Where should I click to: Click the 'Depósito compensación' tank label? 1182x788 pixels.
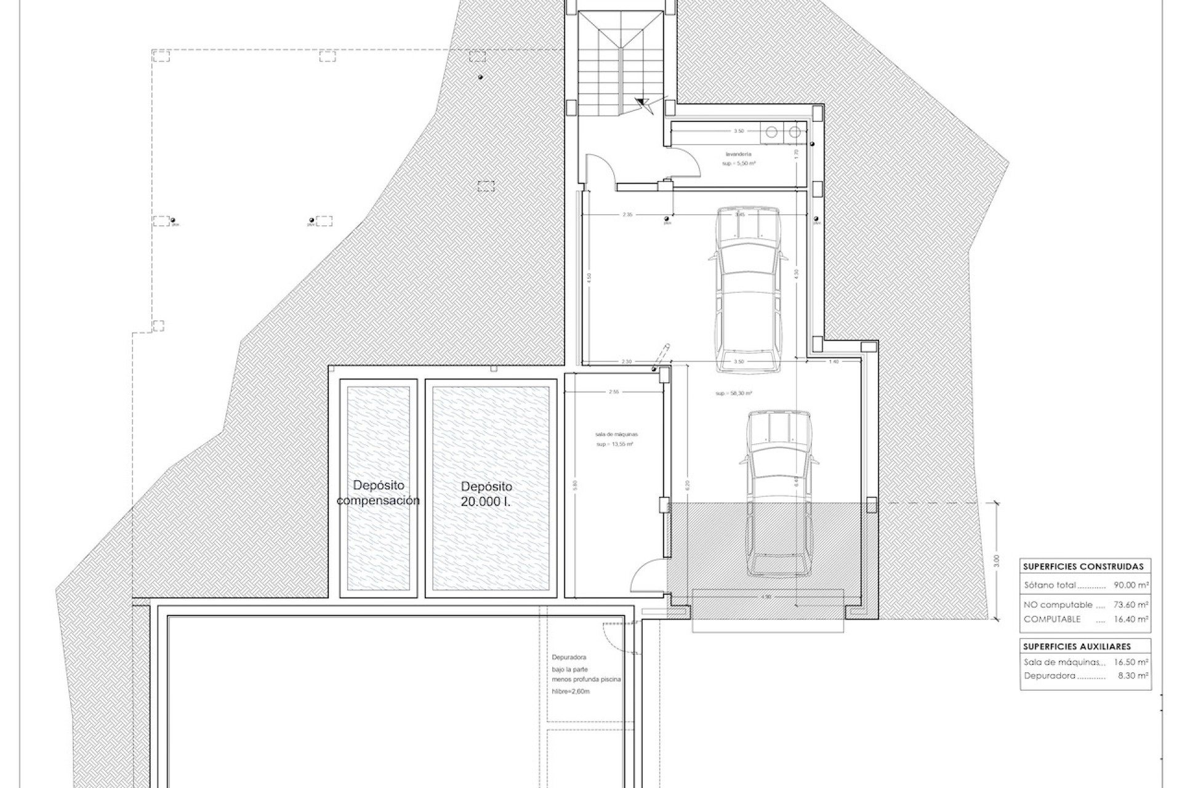pyautogui.click(x=378, y=493)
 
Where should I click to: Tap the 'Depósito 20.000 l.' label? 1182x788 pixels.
pyautogui.click(x=486, y=493)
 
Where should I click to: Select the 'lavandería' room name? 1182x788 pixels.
pyautogui.click(x=739, y=155)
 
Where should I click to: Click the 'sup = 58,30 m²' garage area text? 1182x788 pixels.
pyautogui.click(x=734, y=393)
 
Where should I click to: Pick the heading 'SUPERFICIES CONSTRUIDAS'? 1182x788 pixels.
pyautogui.click(x=1083, y=566)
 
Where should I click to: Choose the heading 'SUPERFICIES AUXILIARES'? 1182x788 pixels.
pyautogui.click(x=1077, y=646)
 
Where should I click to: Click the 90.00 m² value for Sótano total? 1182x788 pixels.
pyautogui.click(x=1132, y=585)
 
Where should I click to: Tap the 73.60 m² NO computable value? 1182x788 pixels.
pyautogui.click(x=1132, y=605)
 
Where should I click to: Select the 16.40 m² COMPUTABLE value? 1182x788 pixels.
pyautogui.click(x=1132, y=619)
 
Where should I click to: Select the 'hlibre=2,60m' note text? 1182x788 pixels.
pyautogui.click(x=571, y=691)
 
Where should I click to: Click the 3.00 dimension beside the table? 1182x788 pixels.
pyautogui.click(x=997, y=561)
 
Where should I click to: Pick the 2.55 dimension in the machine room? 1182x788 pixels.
pyautogui.click(x=613, y=392)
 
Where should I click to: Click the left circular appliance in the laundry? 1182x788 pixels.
pyautogui.click(x=771, y=131)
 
